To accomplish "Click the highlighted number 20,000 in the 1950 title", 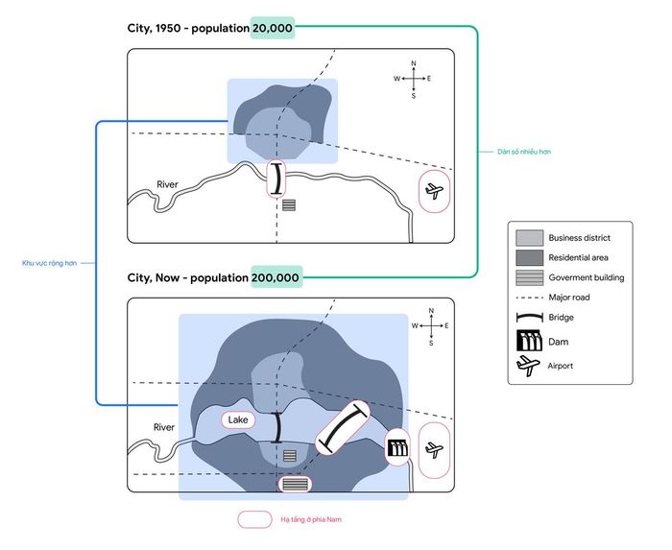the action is [273, 28].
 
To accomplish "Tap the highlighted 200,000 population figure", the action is [276, 277].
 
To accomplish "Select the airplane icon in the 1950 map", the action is [434, 191].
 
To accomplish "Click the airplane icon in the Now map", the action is [434, 450].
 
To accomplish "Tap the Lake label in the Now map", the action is [238, 419].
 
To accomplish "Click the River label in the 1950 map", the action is [167, 184].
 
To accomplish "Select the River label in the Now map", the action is [164, 427].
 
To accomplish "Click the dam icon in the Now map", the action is [397, 448].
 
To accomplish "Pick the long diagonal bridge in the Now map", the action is [343, 428].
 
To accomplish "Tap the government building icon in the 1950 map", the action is [289, 205].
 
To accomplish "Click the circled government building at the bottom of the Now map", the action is [295, 485].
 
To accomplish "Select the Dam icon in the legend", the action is [530, 341].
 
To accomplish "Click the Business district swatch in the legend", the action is [529, 238].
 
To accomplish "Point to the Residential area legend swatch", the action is [529, 257].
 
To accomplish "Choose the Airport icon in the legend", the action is [528, 366].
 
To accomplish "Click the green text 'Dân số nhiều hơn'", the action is [524, 152].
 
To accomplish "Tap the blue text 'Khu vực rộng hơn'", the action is [49, 263].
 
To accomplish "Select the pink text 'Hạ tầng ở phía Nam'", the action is [311, 519].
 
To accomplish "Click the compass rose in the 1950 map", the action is [413, 80].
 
